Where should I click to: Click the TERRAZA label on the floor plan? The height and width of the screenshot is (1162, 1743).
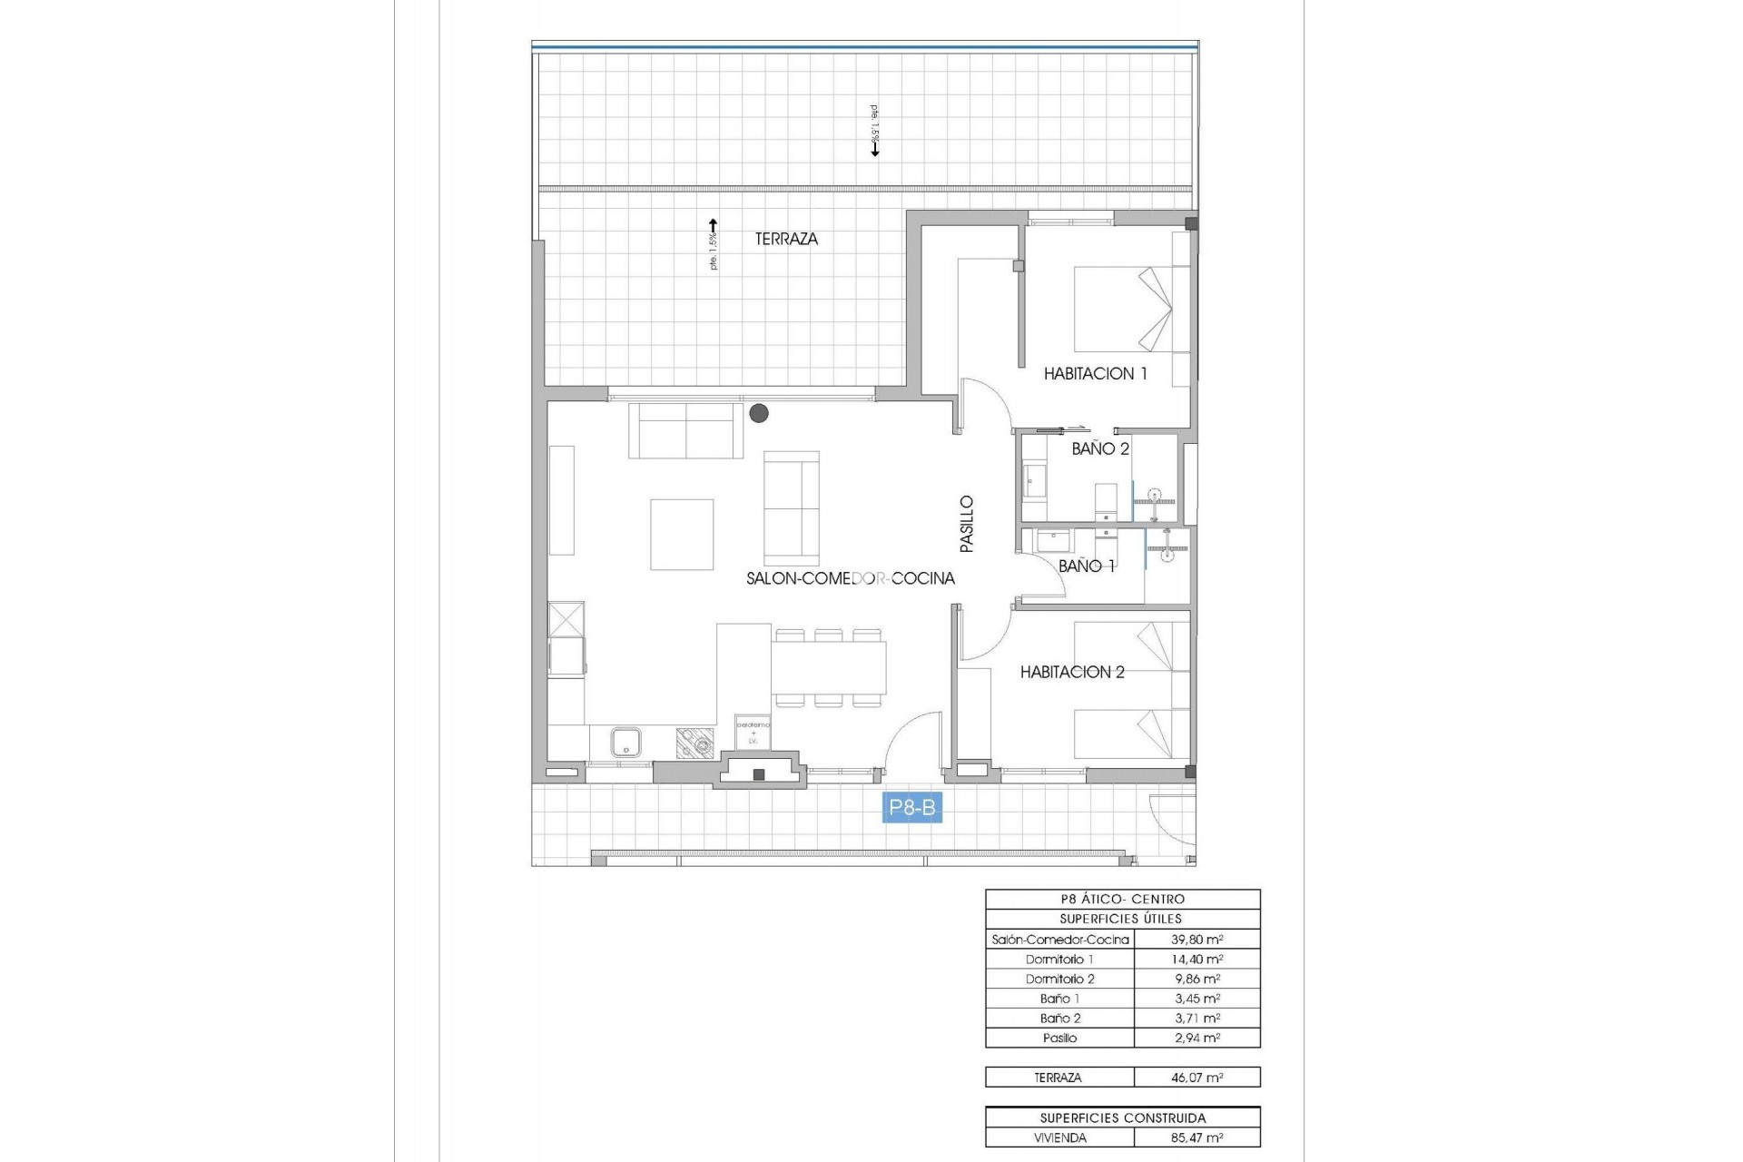[x=786, y=239]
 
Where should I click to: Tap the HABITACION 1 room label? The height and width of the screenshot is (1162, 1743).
[x=1095, y=373]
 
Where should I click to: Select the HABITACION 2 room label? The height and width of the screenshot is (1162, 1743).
[x=1072, y=672]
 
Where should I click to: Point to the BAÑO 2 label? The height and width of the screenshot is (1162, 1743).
[x=1099, y=448]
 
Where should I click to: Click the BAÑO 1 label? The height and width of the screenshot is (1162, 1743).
[x=1087, y=566]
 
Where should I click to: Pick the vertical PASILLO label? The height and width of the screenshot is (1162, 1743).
[x=967, y=524]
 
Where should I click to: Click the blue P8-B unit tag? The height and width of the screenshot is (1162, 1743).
[x=911, y=808]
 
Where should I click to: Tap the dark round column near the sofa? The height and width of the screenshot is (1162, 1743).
[x=759, y=414]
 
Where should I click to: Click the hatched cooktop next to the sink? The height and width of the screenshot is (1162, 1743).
[x=694, y=743]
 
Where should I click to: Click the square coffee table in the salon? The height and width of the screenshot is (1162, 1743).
[x=681, y=535]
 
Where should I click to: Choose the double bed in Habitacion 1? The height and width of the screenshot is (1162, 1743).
[x=1129, y=309]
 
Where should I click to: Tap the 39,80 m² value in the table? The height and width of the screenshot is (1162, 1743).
[x=1196, y=940]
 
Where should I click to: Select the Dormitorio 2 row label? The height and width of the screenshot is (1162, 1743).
[x=1059, y=979]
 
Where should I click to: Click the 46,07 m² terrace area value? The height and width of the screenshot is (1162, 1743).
[x=1196, y=1078]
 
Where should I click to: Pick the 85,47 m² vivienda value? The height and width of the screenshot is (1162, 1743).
[x=1196, y=1137]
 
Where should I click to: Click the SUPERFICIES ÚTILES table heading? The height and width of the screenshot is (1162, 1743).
[x=1121, y=919]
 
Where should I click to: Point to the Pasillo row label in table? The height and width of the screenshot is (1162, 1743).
[x=1059, y=1038]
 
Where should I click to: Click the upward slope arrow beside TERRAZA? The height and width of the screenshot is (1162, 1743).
[x=714, y=229]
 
